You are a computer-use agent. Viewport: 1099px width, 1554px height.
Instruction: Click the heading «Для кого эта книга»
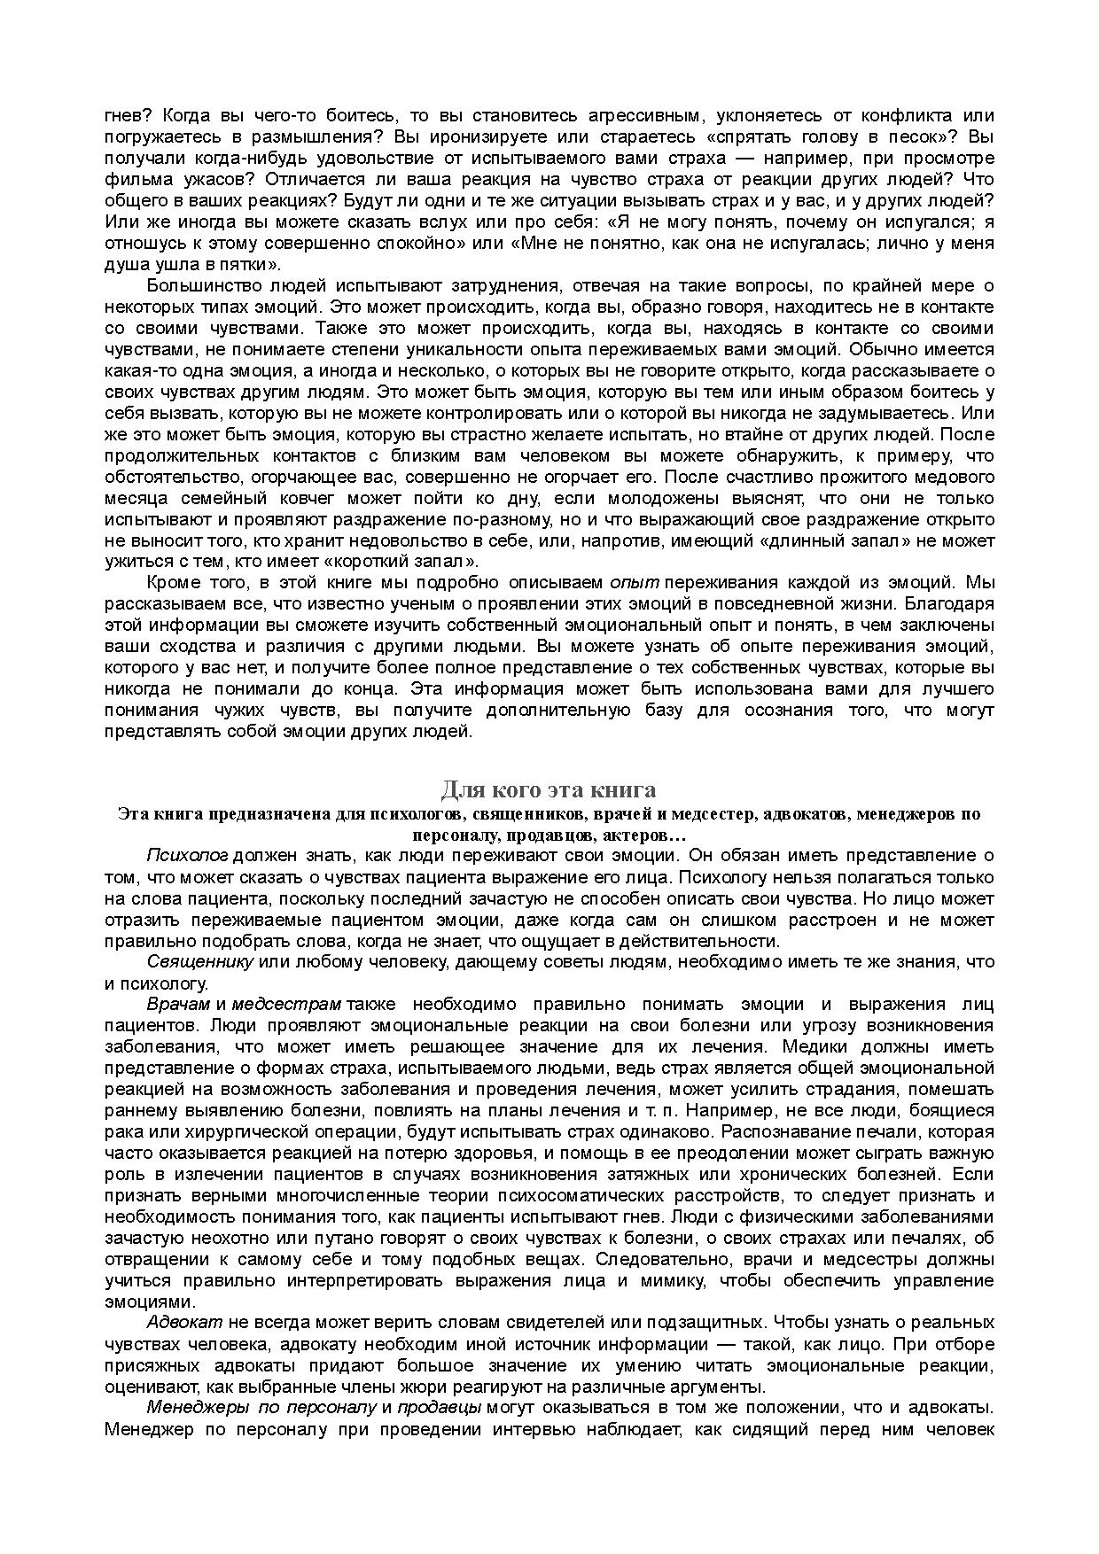(549, 789)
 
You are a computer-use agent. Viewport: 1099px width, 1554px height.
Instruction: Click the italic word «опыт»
(634, 583)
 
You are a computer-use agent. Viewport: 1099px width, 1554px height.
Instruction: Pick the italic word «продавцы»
(439, 1408)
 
